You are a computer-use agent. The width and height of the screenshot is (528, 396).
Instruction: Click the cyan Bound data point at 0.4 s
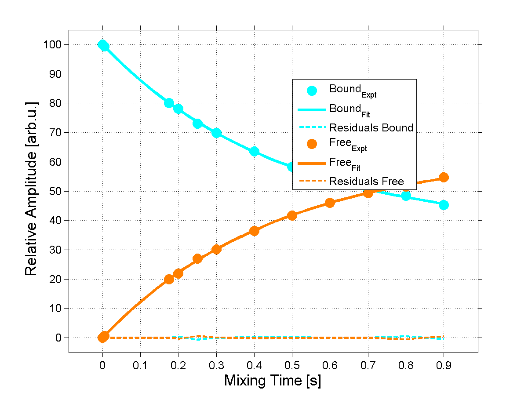point(254,152)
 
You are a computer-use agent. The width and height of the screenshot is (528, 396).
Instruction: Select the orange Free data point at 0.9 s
point(444,177)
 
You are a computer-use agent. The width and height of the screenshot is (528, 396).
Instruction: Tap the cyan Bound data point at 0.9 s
point(444,205)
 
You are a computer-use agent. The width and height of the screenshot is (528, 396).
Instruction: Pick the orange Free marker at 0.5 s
point(292,215)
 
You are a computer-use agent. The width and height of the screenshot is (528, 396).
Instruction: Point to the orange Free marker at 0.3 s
point(216,249)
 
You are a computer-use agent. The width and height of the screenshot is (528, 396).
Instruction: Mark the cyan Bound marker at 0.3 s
point(216,133)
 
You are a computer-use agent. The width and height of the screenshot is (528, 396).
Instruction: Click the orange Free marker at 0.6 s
point(330,203)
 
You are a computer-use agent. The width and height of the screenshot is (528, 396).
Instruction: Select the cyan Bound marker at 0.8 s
point(406,196)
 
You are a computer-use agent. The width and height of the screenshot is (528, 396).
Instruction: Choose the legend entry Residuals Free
point(367,181)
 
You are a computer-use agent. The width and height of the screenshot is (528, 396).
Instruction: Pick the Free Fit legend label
point(345,163)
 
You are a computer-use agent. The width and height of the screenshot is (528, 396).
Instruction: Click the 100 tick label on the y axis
point(52,45)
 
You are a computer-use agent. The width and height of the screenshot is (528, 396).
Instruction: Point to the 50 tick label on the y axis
point(55,191)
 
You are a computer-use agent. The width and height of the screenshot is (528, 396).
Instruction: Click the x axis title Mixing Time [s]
point(273,380)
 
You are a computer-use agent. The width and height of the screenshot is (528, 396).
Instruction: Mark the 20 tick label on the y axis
point(55,279)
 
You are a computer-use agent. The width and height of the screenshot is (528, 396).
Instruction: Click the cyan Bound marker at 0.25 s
point(197,124)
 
